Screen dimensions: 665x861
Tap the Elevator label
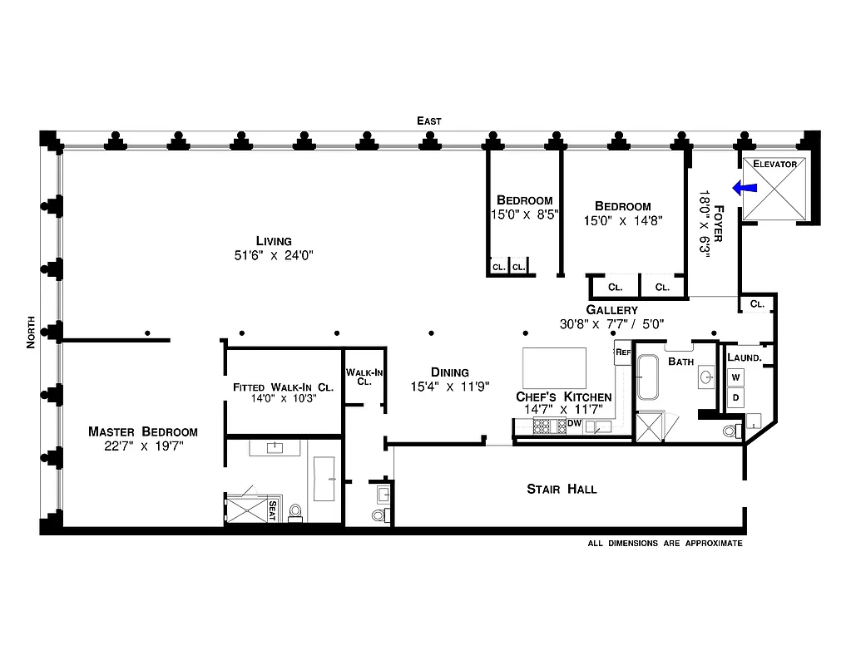774,164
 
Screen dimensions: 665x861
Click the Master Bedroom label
143,431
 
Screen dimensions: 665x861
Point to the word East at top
429,121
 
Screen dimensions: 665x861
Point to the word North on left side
31,332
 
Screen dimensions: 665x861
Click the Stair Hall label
562,489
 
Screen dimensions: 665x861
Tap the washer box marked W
735,377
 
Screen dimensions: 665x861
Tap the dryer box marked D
735,397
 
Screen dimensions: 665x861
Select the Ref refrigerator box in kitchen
623,352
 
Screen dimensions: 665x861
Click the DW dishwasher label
574,423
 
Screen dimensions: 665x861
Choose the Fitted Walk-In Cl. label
283,387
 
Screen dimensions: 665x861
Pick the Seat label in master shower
271,510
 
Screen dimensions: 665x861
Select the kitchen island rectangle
554,365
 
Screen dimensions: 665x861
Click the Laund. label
744,357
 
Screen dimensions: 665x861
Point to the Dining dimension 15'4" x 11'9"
450,386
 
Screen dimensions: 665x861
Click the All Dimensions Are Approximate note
665,543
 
